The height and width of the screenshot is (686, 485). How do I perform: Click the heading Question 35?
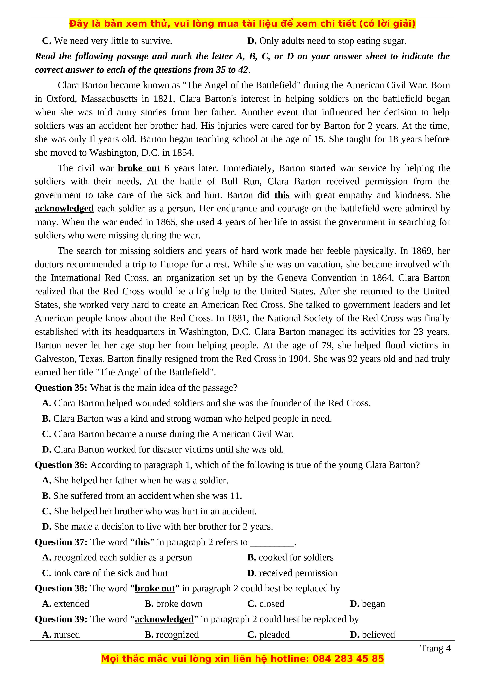[61, 388]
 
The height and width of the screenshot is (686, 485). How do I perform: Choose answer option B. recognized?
[172, 634]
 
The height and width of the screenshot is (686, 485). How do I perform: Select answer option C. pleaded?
[268, 634]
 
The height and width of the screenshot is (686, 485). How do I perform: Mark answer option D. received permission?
[292, 573]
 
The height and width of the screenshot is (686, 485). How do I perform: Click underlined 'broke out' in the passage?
[139, 168]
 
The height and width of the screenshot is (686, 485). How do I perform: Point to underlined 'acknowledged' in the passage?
[64, 208]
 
